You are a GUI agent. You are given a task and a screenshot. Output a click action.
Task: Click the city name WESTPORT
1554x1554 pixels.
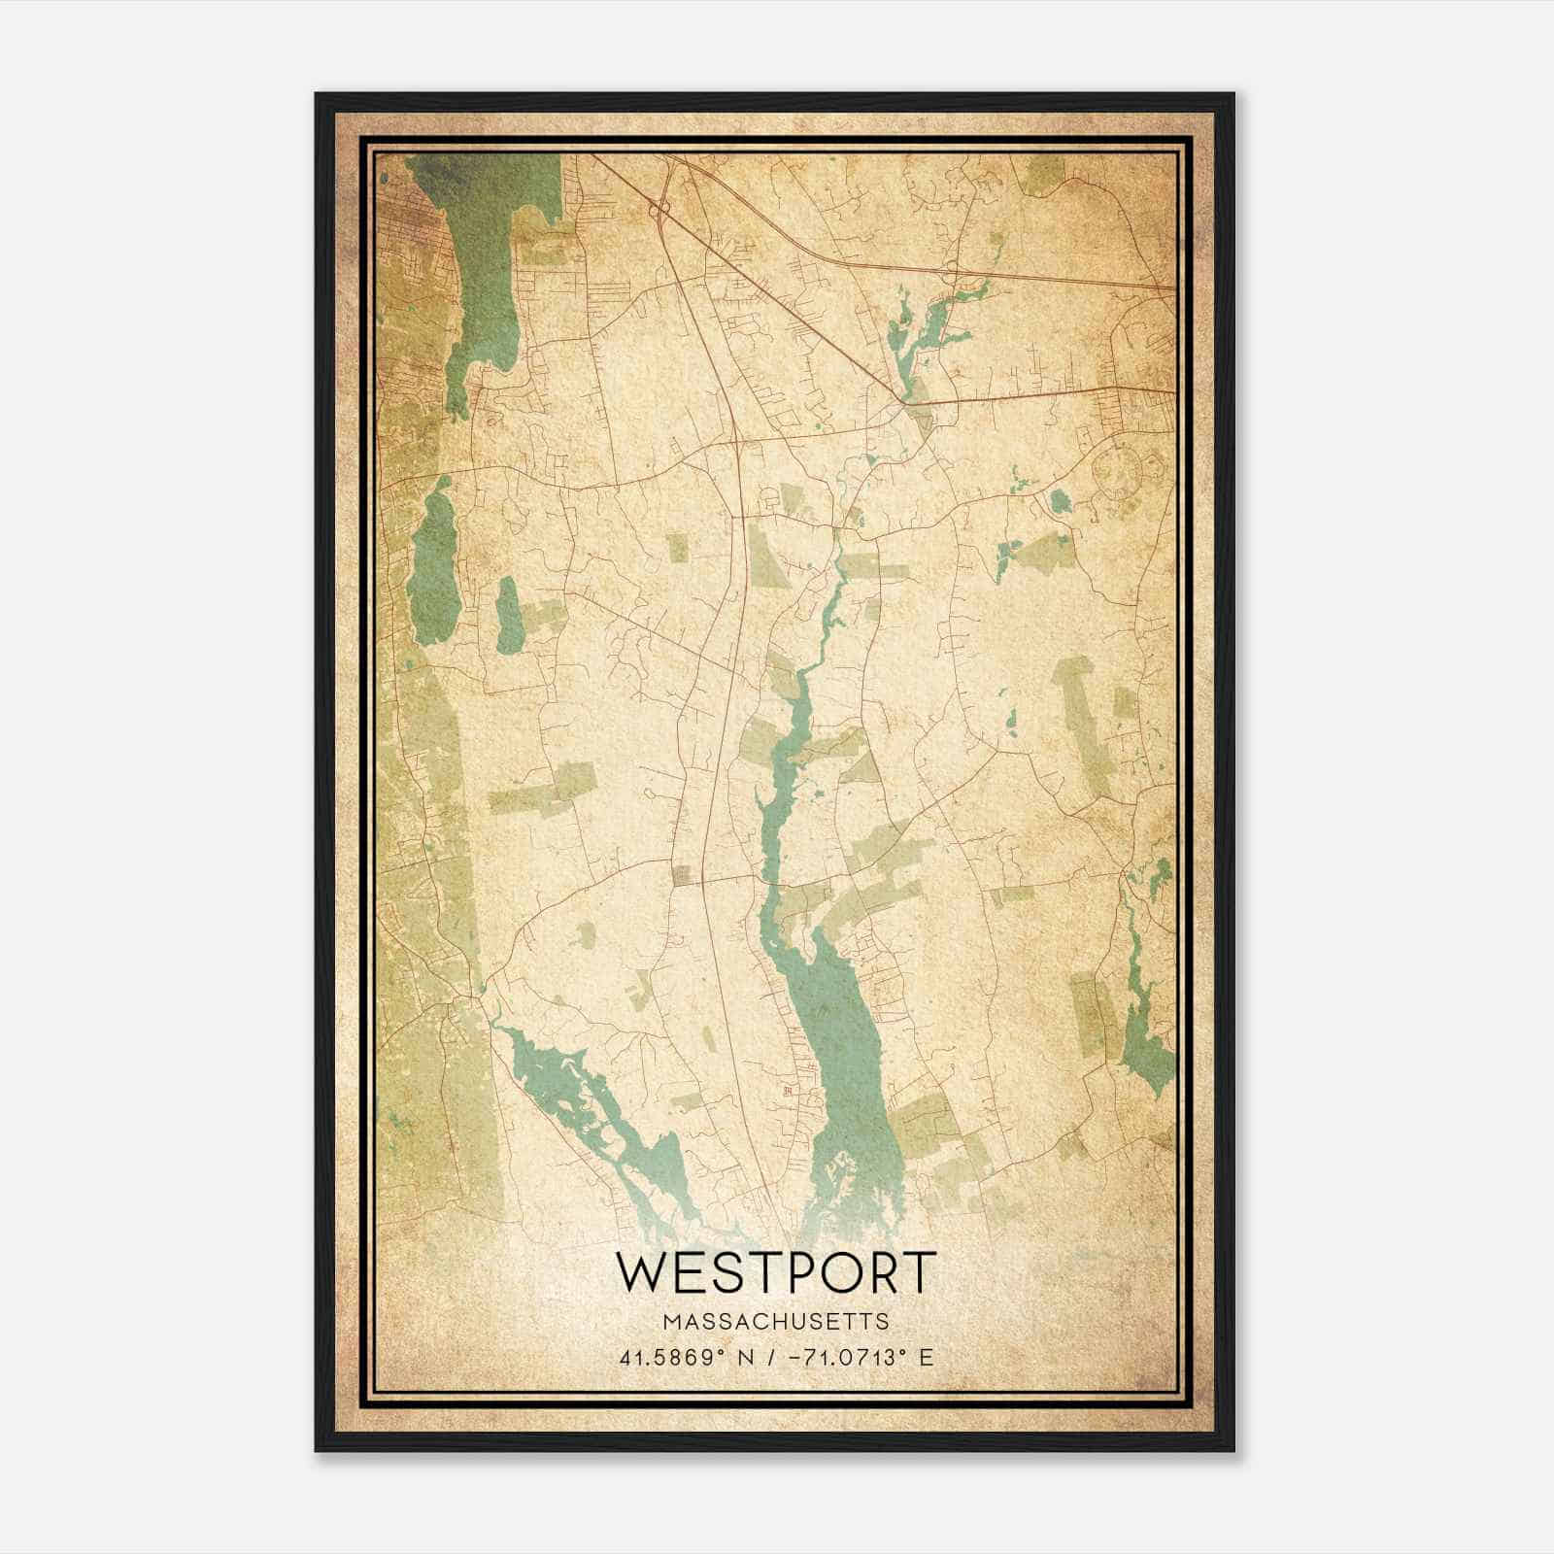pyautogui.click(x=776, y=1272)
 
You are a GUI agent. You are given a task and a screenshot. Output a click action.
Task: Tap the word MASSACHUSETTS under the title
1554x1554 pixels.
pyautogui.click(x=776, y=1322)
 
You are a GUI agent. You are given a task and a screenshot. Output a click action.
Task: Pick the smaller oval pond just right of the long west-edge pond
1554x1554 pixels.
pyautogui.click(x=508, y=615)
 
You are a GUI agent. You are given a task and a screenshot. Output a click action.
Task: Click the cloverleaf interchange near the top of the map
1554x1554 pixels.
pyautogui.click(x=661, y=208)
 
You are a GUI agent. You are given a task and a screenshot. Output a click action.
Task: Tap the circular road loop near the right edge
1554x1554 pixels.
pyautogui.click(x=1120, y=471)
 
